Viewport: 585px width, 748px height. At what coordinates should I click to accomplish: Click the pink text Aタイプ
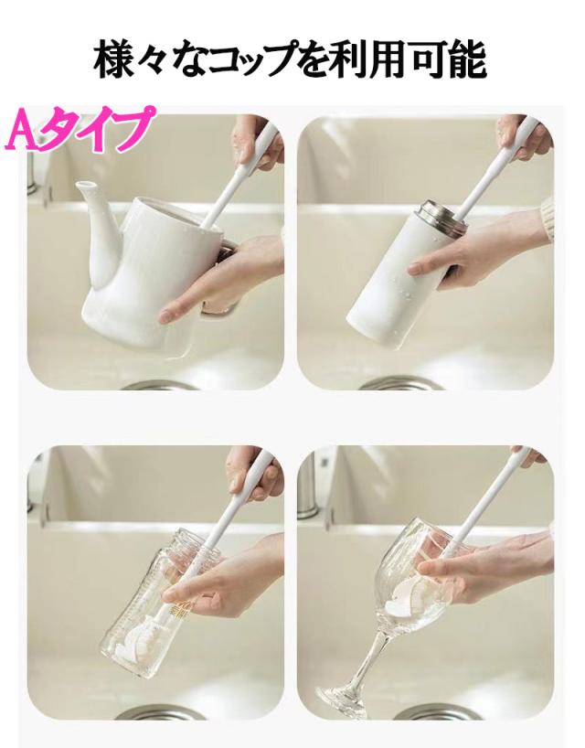(x=81, y=129)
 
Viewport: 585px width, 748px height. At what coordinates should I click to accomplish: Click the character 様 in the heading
(x=113, y=60)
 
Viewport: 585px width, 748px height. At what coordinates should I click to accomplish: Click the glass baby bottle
(x=162, y=601)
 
